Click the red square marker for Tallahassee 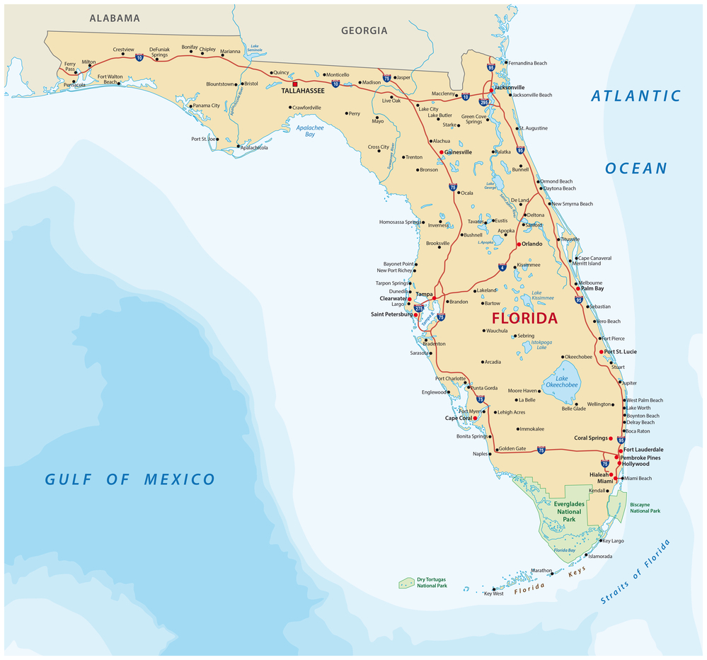pyautogui.click(x=295, y=84)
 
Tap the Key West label pyautogui.click(x=493, y=593)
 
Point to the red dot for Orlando pyautogui.click(x=518, y=244)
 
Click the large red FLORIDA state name pyautogui.click(x=524, y=319)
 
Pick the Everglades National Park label pyautogui.click(x=569, y=511)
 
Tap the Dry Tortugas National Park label pyautogui.click(x=432, y=582)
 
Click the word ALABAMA pyautogui.click(x=115, y=18)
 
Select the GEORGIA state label pyautogui.click(x=364, y=30)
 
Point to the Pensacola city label pyautogui.click(x=74, y=85)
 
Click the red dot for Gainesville pyautogui.click(x=441, y=152)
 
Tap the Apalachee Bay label pyautogui.click(x=310, y=130)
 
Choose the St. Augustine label pyautogui.click(x=534, y=128)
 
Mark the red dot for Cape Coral pyautogui.click(x=475, y=418)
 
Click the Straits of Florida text pyautogui.click(x=635, y=571)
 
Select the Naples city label pyautogui.click(x=481, y=454)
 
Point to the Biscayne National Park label pyautogui.click(x=645, y=508)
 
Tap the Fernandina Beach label pyautogui.click(x=527, y=63)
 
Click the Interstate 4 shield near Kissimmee pyautogui.click(x=502, y=267)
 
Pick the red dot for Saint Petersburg pyautogui.click(x=415, y=314)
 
